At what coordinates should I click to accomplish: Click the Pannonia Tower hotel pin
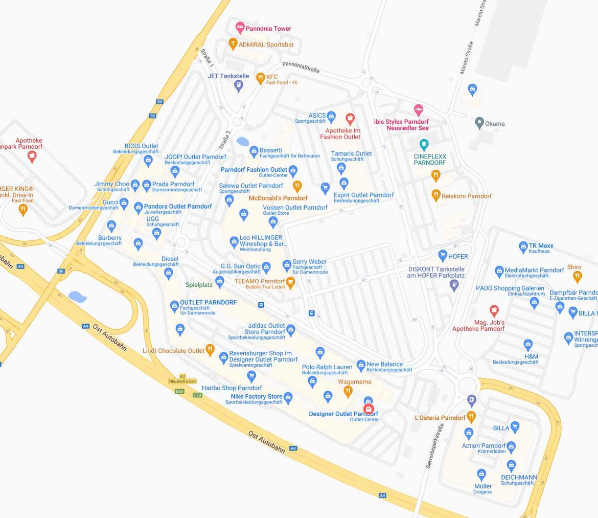point(240,27)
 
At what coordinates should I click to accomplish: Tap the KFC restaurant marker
point(260,78)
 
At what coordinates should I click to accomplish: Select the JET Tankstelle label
point(228,76)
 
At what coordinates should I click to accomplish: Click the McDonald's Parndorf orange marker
point(297,186)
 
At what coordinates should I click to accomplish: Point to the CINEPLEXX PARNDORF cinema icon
point(424,144)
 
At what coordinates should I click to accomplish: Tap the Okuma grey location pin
point(479,123)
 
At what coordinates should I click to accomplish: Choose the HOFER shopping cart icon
point(443,256)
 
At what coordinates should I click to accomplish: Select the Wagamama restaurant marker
point(348,391)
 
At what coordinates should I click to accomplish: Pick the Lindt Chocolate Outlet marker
point(210,350)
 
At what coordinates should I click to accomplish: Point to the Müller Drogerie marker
point(481,474)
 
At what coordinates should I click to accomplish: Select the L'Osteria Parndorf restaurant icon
point(471,417)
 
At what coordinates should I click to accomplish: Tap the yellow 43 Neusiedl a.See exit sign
point(182,379)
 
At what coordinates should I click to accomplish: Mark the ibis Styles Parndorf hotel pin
point(419,109)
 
